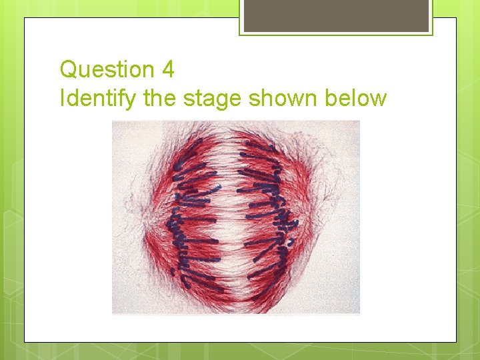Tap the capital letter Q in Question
(68, 69)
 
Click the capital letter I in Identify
(62, 99)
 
